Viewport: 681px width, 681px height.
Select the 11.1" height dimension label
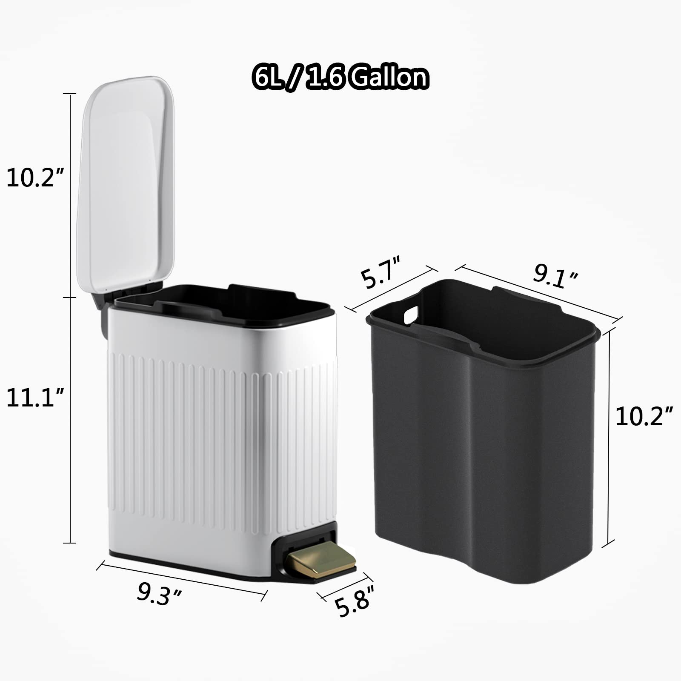[35, 399]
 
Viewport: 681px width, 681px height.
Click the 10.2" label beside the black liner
[644, 416]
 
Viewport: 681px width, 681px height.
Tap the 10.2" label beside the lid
[35, 178]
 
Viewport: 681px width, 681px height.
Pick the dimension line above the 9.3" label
[182, 578]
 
